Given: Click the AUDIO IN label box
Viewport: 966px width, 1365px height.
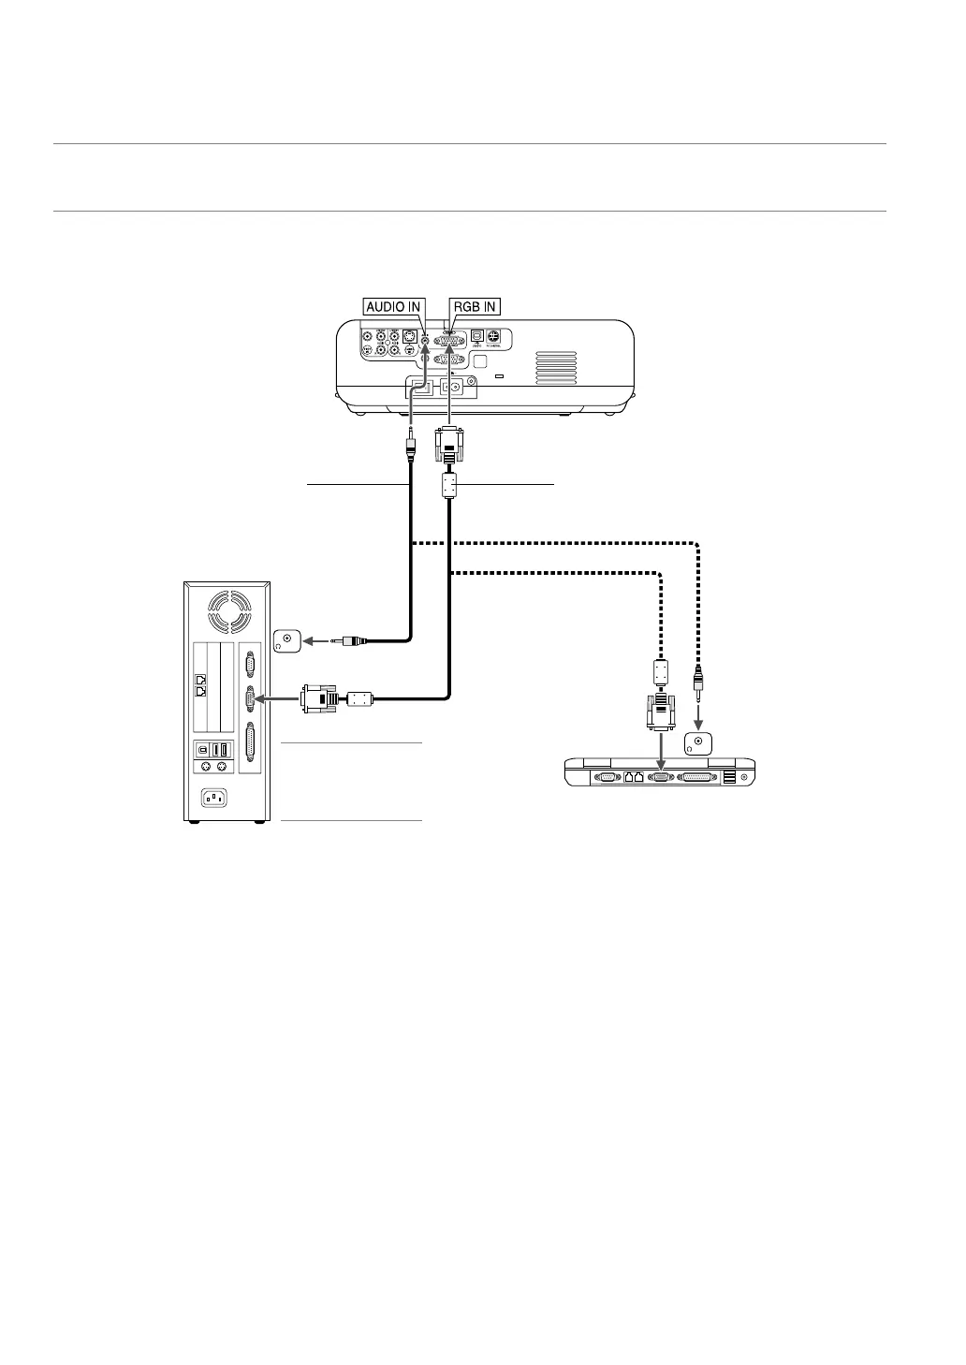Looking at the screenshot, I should [393, 306].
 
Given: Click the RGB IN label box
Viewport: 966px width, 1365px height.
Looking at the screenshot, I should [475, 306].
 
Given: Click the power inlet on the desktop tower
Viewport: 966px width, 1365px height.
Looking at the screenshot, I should [212, 799].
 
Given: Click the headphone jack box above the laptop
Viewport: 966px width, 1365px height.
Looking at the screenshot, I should [696, 743].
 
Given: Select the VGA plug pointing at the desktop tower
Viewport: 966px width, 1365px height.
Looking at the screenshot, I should [319, 698].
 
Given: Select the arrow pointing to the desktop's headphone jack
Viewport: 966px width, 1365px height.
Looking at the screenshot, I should [318, 641].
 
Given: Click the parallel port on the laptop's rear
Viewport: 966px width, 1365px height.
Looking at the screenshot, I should [696, 776].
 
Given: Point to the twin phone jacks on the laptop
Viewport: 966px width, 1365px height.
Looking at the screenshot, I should [634, 776].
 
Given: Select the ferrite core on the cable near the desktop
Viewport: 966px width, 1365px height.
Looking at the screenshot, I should [360, 698].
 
